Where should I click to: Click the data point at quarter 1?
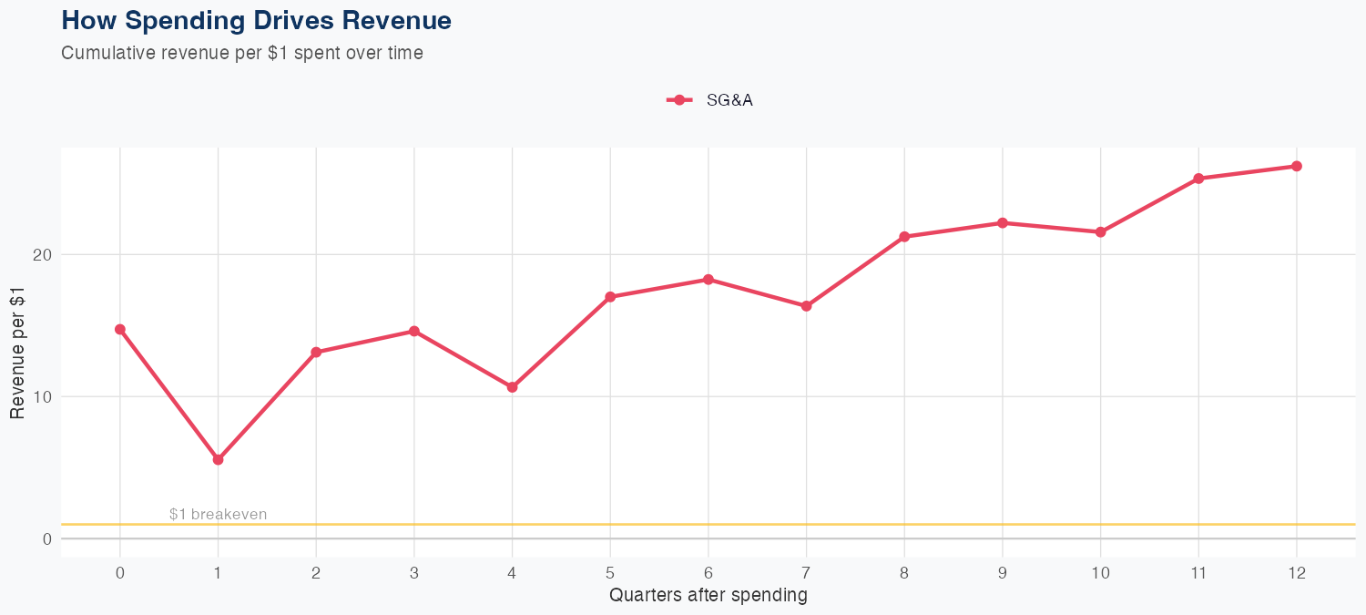point(218,460)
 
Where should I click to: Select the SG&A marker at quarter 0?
point(120,330)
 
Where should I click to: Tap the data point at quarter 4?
point(512,387)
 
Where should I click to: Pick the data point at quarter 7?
point(806,306)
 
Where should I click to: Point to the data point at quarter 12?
point(1297,166)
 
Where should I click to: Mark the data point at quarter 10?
point(1100,232)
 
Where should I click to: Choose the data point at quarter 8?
point(904,237)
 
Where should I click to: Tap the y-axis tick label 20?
point(41,254)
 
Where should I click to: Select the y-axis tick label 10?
point(41,396)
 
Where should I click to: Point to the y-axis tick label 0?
point(45,539)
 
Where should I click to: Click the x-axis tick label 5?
point(610,573)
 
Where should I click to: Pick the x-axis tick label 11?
point(1198,573)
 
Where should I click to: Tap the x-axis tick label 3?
point(414,573)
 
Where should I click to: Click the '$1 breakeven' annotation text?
point(219,515)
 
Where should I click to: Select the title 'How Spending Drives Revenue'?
point(256,20)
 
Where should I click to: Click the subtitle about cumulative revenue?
point(242,53)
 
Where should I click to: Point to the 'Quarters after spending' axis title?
point(708,596)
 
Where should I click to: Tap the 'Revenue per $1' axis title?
point(17,353)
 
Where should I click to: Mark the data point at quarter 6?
point(708,280)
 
